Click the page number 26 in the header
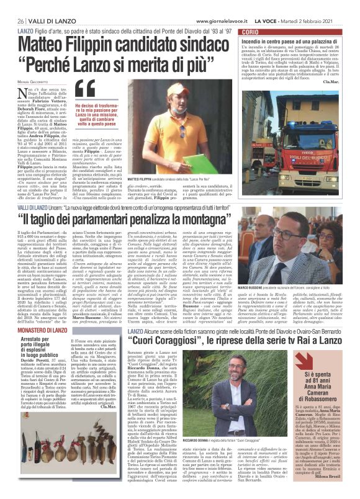point(11,6)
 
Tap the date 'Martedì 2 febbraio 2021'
point(324,6)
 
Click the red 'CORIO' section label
point(250,30)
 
